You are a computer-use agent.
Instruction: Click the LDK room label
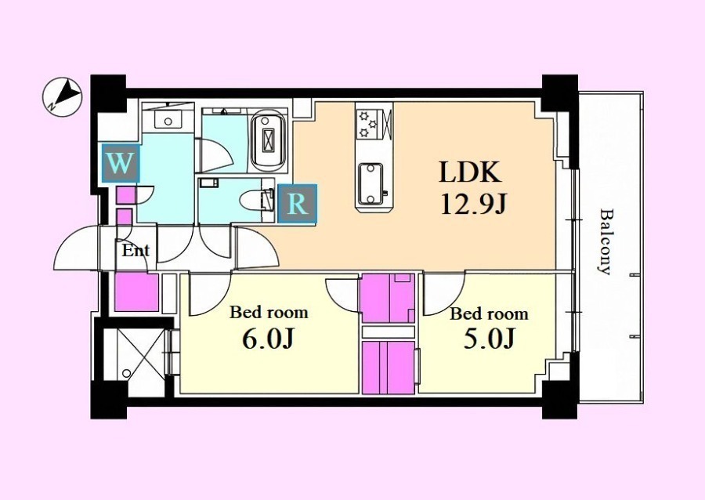[470, 172]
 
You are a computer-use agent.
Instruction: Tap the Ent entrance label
[136, 251]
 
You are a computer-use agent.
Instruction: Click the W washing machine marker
[120, 163]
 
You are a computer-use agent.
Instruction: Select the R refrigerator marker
[297, 204]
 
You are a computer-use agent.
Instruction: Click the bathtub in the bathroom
[269, 139]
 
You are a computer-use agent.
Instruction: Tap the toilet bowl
[257, 200]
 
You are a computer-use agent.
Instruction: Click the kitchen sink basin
[371, 183]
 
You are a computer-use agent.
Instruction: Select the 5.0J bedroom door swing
[443, 293]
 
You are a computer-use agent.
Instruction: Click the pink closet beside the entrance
[136, 292]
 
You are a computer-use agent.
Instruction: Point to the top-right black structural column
[560, 94]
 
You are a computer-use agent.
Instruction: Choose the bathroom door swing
[215, 156]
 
